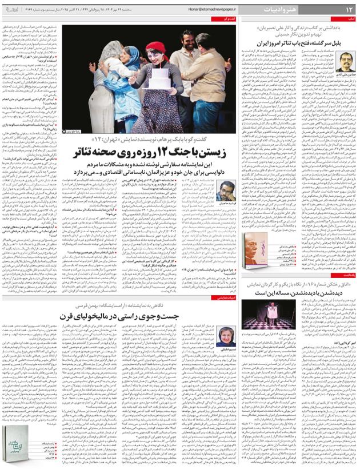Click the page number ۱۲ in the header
coord(349,10)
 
